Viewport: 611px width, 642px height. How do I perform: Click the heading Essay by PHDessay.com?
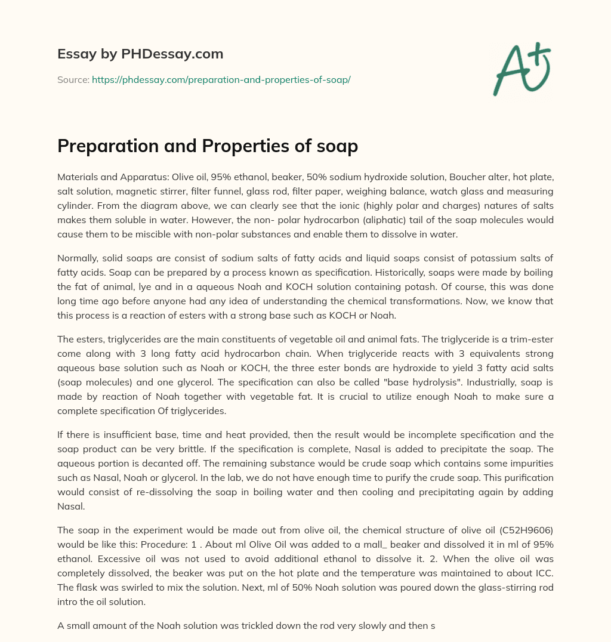click(140, 54)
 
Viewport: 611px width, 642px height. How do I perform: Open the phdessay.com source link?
click(221, 79)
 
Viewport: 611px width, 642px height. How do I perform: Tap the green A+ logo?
click(521, 69)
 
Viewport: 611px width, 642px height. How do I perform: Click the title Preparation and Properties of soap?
click(207, 146)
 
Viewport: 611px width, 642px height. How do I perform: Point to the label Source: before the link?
click(73, 79)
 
